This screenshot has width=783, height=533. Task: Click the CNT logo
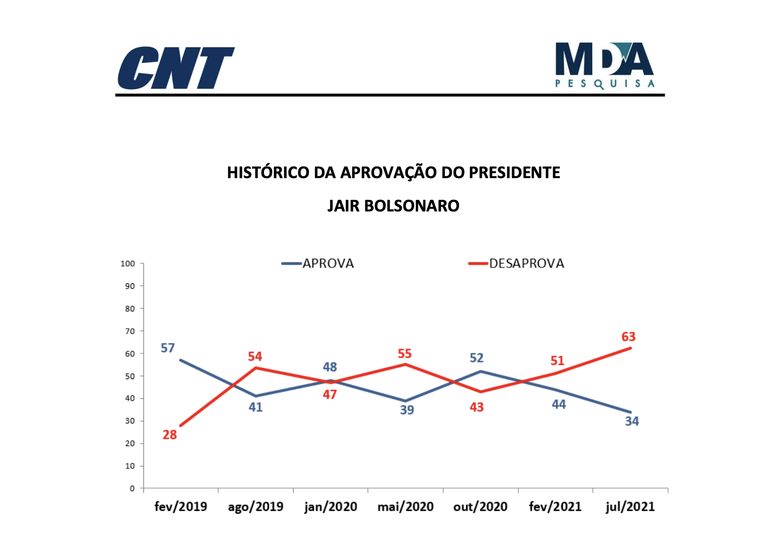[x=176, y=68]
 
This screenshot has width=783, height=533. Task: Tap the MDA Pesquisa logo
[x=604, y=66]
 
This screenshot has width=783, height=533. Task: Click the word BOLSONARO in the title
[x=411, y=206]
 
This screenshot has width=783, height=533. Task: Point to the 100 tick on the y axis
[x=128, y=264]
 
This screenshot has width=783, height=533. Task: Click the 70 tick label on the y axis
[x=130, y=331]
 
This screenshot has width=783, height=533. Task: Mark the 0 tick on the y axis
[x=132, y=489]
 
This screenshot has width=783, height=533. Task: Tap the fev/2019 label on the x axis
[x=181, y=506]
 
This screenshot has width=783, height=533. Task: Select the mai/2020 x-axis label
[x=405, y=506]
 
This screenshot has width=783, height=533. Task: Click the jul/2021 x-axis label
[x=630, y=506]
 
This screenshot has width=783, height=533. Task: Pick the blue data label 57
[x=168, y=348]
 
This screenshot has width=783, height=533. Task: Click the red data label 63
[x=629, y=337]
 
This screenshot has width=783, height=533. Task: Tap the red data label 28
[x=169, y=435]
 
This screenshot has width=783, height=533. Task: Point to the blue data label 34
[x=632, y=421]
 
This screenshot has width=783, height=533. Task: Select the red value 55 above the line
[x=405, y=354]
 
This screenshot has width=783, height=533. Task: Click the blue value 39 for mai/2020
[x=407, y=410]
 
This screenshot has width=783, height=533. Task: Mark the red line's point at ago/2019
[x=255, y=368]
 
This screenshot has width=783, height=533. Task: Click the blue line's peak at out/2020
[x=480, y=371]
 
